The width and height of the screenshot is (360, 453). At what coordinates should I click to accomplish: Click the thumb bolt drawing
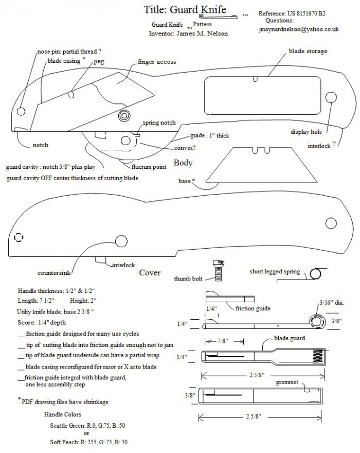click(219, 270)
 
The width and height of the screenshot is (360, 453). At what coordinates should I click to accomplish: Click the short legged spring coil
click(316, 274)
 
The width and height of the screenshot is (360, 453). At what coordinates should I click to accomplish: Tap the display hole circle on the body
click(331, 97)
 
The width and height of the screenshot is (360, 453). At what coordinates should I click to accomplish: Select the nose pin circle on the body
click(21, 111)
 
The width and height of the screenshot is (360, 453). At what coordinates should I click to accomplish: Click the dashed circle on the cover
click(19, 237)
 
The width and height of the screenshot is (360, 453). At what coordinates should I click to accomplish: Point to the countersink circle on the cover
click(121, 241)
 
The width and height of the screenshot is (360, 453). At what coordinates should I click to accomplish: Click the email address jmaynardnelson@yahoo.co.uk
click(298, 29)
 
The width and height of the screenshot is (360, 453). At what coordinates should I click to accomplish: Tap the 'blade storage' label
click(308, 51)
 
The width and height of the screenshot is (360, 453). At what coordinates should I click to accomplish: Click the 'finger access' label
click(157, 62)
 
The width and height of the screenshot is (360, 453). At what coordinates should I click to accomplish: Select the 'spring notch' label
click(159, 123)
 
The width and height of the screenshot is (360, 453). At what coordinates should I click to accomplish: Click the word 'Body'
click(183, 163)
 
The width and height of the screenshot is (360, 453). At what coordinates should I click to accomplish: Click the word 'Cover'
click(150, 273)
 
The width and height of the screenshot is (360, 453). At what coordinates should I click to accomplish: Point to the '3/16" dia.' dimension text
click(331, 303)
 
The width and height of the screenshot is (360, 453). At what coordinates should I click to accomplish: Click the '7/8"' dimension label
click(222, 341)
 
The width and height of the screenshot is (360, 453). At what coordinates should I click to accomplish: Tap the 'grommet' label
click(286, 382)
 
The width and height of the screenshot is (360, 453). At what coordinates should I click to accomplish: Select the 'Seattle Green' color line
click(87, 426)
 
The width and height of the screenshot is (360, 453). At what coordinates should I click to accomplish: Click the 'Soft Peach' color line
click(88, 442)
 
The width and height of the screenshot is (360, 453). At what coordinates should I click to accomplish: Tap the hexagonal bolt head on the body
click(124, 115)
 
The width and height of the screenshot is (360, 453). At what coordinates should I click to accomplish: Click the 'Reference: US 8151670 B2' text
click(292, 13)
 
